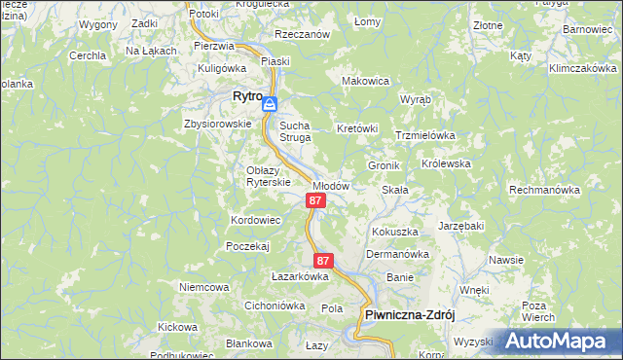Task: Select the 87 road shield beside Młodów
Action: (x=314, y=200)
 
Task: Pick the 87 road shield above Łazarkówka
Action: (x=324, y=261)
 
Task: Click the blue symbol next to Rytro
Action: (x=270, y=104)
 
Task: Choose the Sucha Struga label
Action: (x=295, y=131)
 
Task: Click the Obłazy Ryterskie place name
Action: (x=268, y=176)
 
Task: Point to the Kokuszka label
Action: (x=394, y=233)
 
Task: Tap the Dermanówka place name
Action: (x=397, y=254)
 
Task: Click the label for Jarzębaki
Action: (x=460, y=226)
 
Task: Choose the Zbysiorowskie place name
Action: (x=211, y=125)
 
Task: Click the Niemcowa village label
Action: (x=203, y=287)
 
